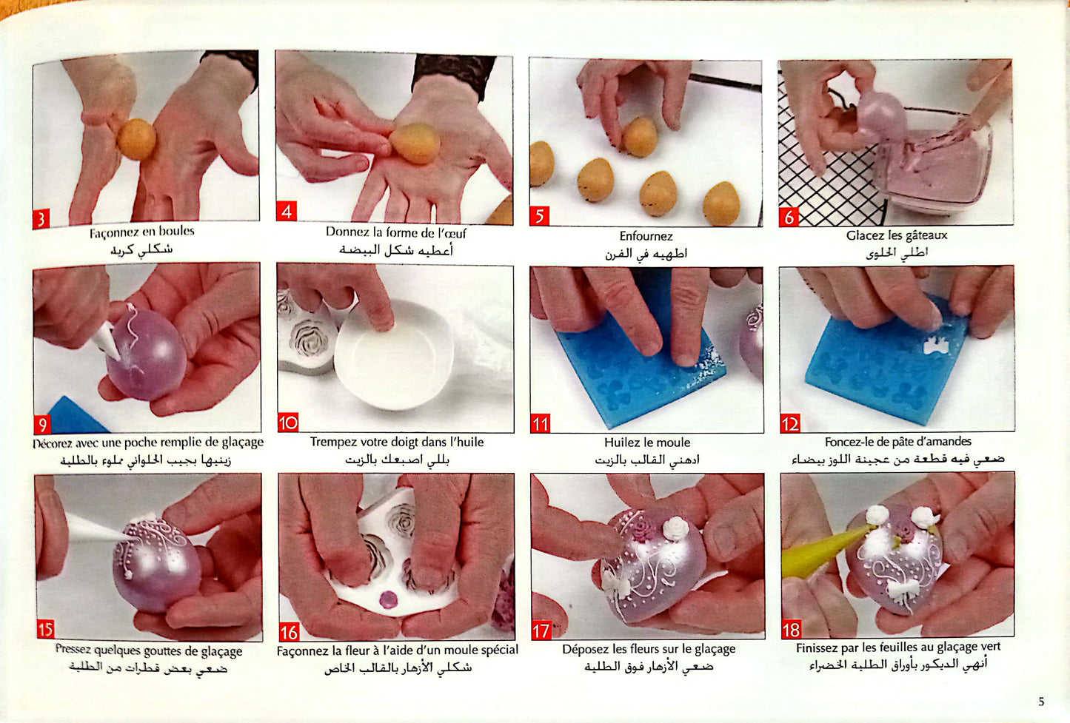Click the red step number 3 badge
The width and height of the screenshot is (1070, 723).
[x=41, y=219]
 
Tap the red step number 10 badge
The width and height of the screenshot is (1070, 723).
[x=288, y=423]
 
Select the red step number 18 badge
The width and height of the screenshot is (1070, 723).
[x=791, y=630]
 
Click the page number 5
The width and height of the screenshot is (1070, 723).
[x=1041, y=702]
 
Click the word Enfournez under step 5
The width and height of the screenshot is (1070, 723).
[x=646, y=236]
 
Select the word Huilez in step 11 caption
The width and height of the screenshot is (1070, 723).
[x=621, y=443]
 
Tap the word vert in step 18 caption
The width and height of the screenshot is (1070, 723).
[x=990, y=647]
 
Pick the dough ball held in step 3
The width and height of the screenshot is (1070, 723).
[x=136, y=139]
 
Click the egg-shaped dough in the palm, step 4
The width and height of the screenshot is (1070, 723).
[x=415, y=144]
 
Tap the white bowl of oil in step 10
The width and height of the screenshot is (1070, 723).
[x=393, y=354]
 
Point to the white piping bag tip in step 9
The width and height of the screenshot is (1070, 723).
[x=107, y=340]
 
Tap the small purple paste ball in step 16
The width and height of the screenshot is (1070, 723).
[x=387, y=599]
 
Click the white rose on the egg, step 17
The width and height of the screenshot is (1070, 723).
[x=676, y=528]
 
